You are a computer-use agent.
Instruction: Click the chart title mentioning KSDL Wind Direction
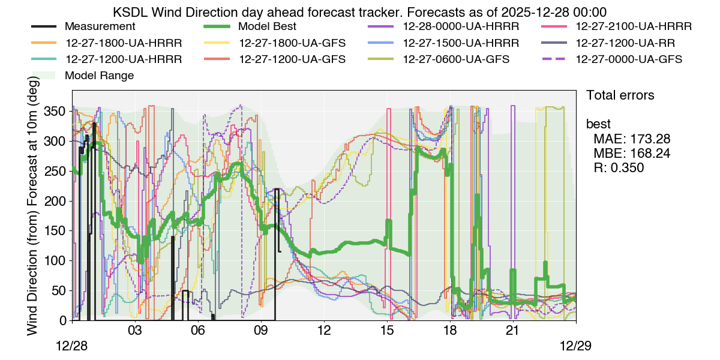pos(360,11)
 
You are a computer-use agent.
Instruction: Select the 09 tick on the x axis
pos(261,330)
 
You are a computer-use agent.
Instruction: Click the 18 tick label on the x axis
pos(450,330)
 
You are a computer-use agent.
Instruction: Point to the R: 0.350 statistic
pos(618,168)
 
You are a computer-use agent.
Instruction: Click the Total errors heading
pos(620,95)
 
